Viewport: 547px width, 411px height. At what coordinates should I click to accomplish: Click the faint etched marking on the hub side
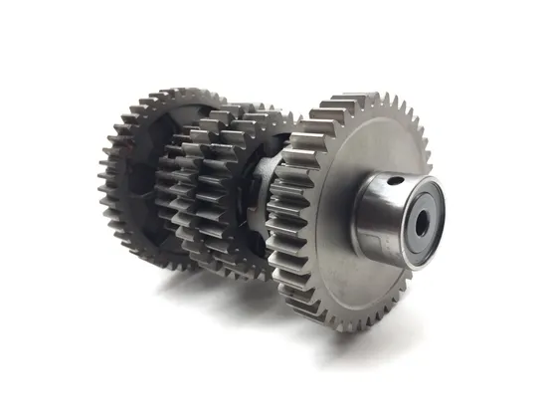[376, 239]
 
